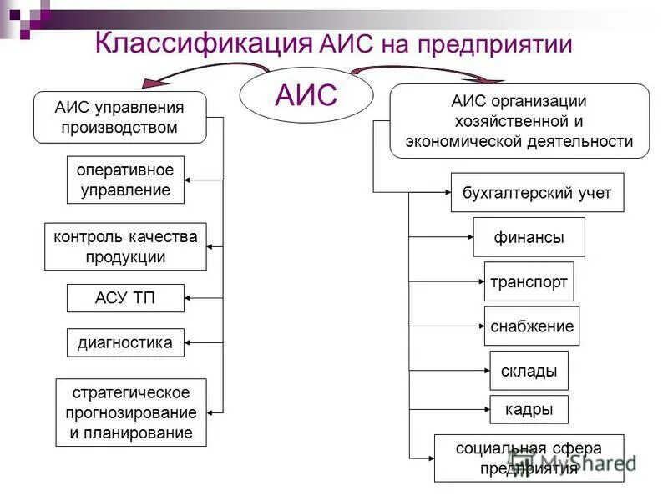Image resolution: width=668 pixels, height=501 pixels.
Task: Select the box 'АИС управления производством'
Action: tap(119, 117)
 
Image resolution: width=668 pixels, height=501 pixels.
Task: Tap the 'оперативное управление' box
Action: tap(125, 180)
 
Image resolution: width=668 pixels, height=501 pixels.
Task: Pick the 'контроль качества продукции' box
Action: tap(125, 246)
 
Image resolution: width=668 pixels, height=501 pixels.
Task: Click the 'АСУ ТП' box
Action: tap(125, 297)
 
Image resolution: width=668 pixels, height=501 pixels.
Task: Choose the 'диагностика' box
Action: tap(125, 342)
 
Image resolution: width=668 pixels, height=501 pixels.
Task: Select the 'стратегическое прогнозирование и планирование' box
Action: tap(131, 412)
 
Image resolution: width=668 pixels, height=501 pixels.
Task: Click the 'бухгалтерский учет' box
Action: tap(537, 193)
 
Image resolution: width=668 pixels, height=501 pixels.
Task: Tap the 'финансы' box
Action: tap(529, 237)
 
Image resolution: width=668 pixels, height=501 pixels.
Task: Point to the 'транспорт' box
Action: tap(529, 281)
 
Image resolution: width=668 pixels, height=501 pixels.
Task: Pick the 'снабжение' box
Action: tap(532, 326)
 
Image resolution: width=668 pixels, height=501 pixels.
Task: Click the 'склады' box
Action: tap(529, 370)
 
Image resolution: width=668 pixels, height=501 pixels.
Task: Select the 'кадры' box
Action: tap(529, 409)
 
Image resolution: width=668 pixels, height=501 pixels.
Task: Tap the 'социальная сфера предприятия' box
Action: tap(529, 458)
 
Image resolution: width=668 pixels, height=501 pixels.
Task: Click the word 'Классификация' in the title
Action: tap(204, 43)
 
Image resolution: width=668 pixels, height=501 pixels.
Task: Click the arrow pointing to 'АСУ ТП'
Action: tap(204, 297)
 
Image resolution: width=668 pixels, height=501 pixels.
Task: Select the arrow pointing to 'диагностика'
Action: tap(204, 342)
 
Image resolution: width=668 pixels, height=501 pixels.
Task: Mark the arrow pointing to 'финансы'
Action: tap(441, 237)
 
